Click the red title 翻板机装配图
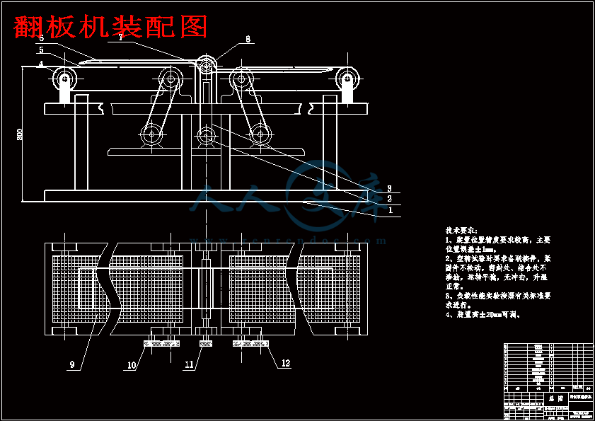pyautogui.click(x=111, y=27)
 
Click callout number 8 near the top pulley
pyautogui.click(x=248, y=40)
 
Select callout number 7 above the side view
pyautogui.click(x=122, y=38)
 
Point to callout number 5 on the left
pyautogui.click(x=41, y=51)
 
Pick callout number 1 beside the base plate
pyautogui.click(x=390, y=210)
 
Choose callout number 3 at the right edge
pyautogui.click(x=390, y=188)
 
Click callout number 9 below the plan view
pyautogui.click(x=71, y=365)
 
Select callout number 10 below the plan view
pyautogui.click(x=132, y=366)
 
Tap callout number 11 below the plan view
pyautogui.click(x=189, y=365)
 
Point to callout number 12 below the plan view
pyautogui.click(x=286, y=364)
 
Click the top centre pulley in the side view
pyautogui.click(x=207, y=66)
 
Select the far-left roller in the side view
pyautogui.click(x=65, y=77)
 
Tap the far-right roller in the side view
pyautogui.click(x=347, y=77)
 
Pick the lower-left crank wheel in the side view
pyautogui.click(x=151, y=134)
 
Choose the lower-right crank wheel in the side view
pyautogui.click(x=260, y=134)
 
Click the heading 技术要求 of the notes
pyautogui.click(x=461, y=231)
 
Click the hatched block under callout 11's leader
pyautogui.click(x=206, y=344)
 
